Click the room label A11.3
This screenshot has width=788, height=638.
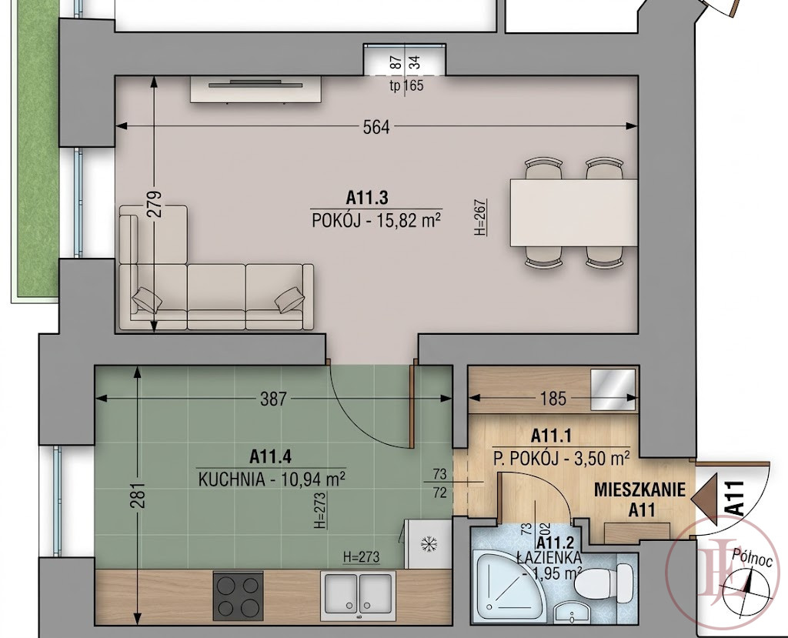367,198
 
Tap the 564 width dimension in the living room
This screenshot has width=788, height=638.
376,127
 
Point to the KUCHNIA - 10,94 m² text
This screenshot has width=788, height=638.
272,479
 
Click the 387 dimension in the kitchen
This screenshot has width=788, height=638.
274,399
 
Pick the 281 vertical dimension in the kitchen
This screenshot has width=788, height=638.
139,495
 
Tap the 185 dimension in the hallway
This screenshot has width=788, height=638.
553,398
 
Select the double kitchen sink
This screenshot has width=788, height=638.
358,595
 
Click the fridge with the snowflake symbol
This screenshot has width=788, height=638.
427,543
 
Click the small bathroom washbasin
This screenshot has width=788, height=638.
573,613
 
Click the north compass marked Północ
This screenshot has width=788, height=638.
746,583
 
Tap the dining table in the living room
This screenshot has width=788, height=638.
574,212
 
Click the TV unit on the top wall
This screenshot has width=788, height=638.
255,89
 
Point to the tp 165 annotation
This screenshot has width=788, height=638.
406,85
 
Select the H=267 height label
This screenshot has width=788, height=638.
482,217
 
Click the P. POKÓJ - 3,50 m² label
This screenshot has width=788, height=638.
561,459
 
